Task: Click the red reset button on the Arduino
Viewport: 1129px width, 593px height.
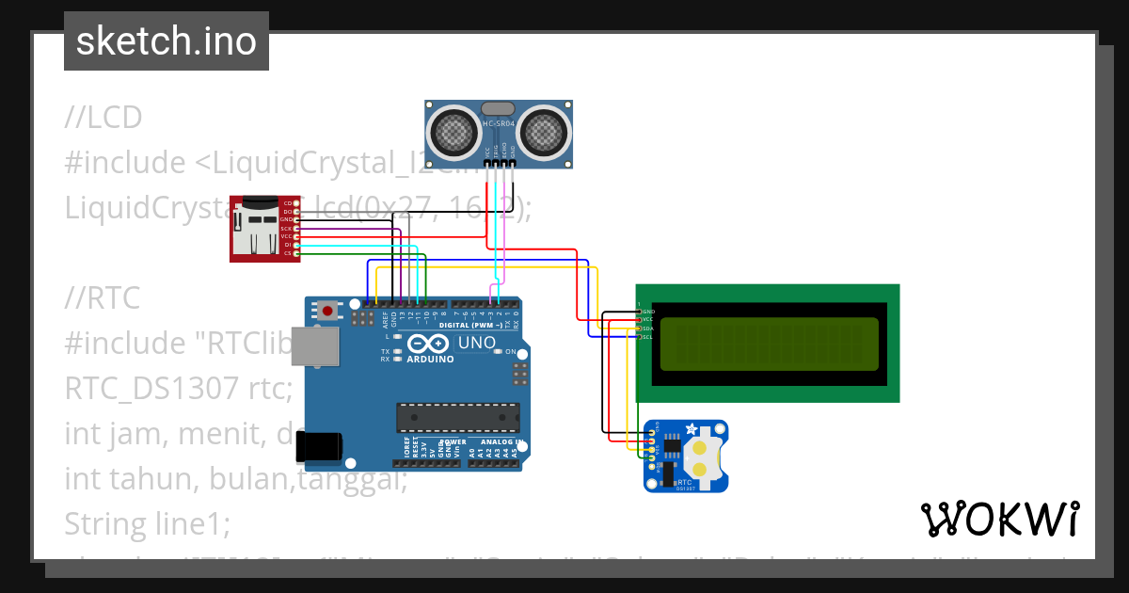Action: coord(327,310)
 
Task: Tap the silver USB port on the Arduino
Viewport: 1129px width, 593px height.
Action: coord(314,346)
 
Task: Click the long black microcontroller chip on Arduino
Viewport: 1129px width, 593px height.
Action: coord(457,417)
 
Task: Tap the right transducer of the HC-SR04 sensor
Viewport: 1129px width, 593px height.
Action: coord(543,131)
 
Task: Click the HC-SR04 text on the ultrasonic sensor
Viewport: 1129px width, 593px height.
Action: coord(498,124)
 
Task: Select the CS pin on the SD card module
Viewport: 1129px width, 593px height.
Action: coord(288,253)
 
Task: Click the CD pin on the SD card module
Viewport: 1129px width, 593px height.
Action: coord(288,203)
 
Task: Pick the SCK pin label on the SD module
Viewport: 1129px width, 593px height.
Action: coord(286,229)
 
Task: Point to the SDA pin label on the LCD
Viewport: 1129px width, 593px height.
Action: coord(647,329)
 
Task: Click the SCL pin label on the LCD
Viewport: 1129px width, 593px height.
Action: coord(647,336)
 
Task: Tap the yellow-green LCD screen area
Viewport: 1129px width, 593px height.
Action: coord(769,344)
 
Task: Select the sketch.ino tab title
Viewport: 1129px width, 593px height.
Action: coord(166,41)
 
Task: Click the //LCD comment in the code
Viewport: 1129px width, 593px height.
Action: coord(103,118)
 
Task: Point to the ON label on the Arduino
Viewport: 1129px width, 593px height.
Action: coord(511,351)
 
